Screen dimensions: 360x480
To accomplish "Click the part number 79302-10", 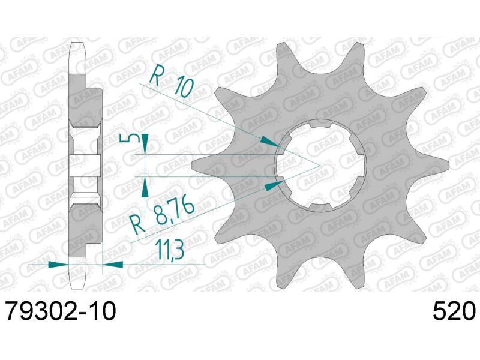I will pos(58,312).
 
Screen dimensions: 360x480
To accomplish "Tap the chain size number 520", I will pos(454,312).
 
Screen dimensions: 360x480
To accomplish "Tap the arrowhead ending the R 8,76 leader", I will pos(275,184).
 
